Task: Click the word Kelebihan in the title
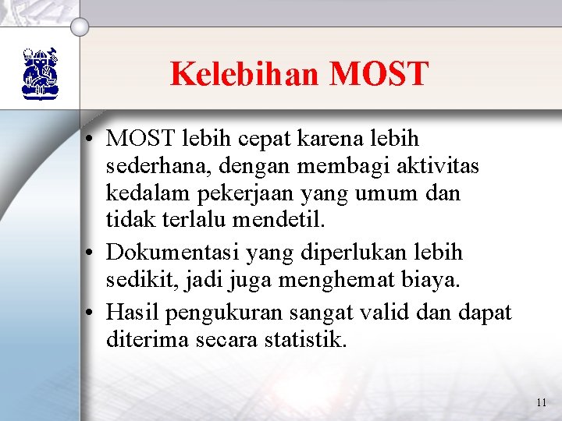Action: [246, 74]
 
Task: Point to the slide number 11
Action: [542, 403]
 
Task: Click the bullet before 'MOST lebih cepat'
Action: [92, 140]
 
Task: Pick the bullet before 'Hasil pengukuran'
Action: [92, 314]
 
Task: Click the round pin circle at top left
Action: [80, 26]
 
